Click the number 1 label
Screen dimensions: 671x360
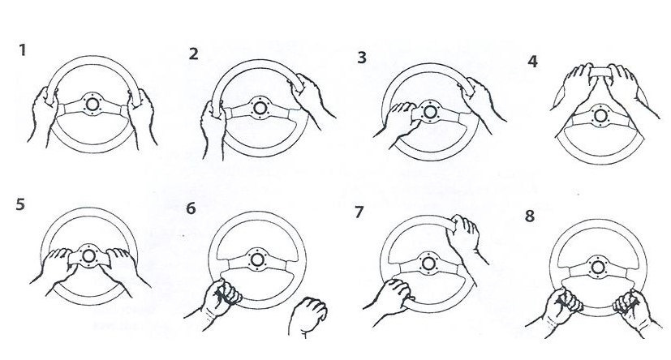tap(23, 50)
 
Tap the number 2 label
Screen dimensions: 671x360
tap(193, 54)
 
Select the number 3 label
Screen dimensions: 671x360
tap(362, 58)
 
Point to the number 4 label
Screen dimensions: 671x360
tap(532, 62)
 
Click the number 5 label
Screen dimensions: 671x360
tap(20, 204)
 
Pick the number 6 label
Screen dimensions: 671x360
tap(191, 208)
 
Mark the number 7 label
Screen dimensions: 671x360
tap(359, 212)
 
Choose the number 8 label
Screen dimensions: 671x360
tap(530, 216)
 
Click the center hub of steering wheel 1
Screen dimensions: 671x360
tap(92, 104)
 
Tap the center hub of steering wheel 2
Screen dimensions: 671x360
tap(260, 108)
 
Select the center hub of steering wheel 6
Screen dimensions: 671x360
tap(257, 259)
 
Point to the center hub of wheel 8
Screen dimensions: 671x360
tap(597, 268)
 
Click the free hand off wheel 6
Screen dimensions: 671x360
tap(308, 316)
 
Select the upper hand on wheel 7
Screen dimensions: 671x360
tap(466, 238)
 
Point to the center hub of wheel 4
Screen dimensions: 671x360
tap(600, 115)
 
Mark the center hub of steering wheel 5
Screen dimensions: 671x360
tap(88, 255)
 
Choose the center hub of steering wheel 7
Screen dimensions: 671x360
tap(428, 264)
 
